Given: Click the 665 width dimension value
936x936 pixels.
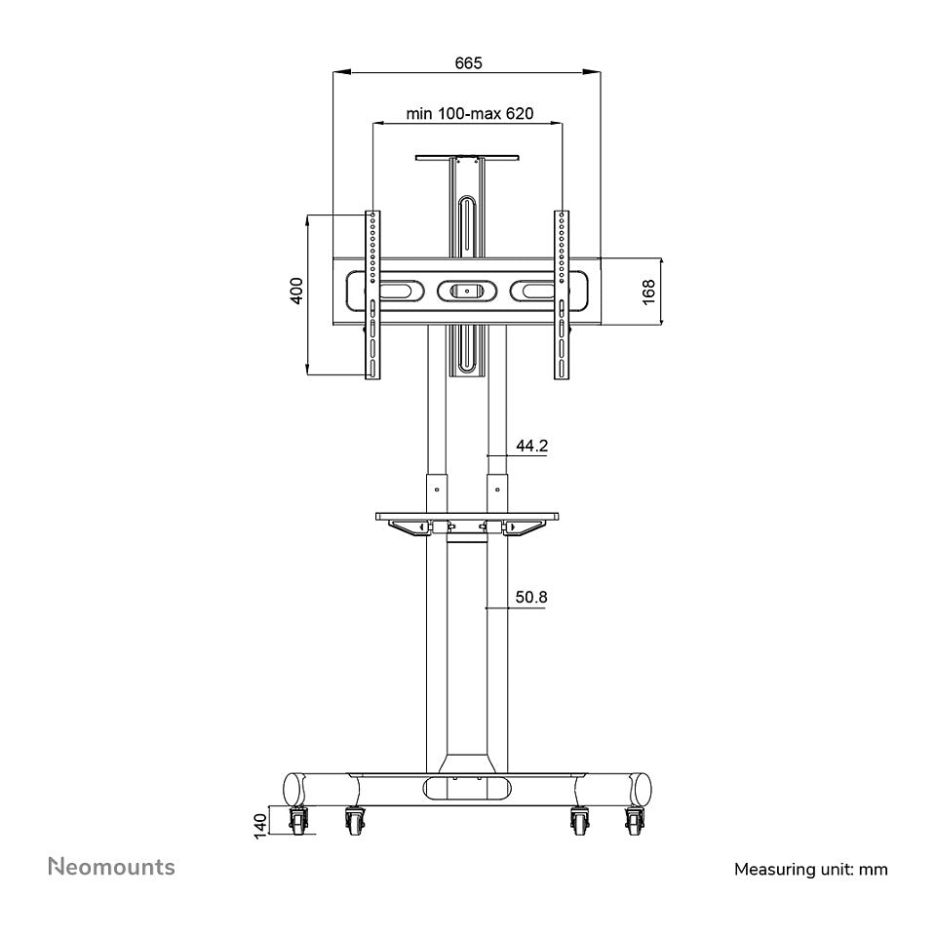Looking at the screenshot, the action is (x=468, y=62).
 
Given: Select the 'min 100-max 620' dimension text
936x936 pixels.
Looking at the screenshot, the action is (x=470, y=113).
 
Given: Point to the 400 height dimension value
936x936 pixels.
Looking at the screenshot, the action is (x=296, y=291).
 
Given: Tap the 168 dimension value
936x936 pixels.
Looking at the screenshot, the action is (x=649, y=292).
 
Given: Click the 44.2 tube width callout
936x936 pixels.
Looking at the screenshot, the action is (x=532, y=446).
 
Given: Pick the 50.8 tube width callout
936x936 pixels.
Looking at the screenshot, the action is (x=531, y=597).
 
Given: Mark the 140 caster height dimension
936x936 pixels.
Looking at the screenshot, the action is (x=261, y=826).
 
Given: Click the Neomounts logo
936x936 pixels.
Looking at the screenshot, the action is (x=111, y=867).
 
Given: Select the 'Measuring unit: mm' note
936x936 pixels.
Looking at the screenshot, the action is (x=810, y=869).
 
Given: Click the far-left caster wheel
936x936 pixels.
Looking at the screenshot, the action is (x=298, y=821).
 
